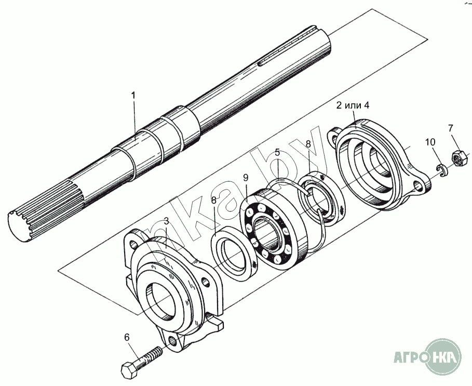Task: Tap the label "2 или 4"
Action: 353,105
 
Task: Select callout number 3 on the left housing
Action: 166,221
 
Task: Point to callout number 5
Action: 277,153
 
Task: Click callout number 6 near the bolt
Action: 126,337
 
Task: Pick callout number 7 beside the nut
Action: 450,128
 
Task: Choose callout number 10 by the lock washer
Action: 430,142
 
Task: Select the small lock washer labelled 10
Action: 441,170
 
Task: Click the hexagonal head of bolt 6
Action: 129,370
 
